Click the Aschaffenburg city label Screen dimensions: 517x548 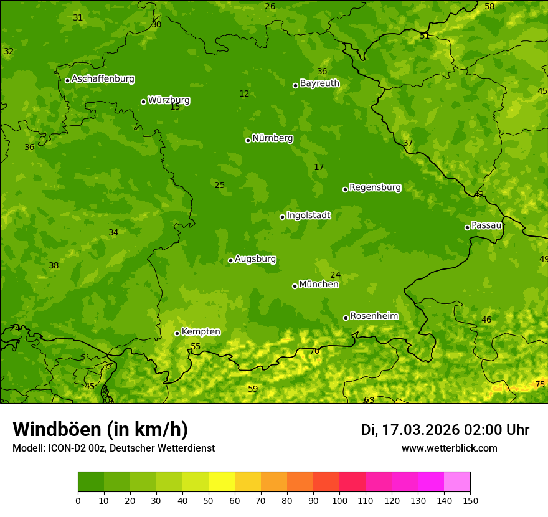(x=103, y=79)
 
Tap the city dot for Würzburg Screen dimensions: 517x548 (x=143, y=102)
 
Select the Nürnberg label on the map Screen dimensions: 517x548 (x=272, y=138)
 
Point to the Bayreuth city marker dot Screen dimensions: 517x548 (x=295, y=85)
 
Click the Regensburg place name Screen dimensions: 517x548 (x=375, y=187)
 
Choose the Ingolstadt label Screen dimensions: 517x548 (x=308, y=216)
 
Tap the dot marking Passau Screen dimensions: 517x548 (x=467, y=227)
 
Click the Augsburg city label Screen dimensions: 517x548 (x=255, y=259)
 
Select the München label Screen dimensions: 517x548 (x=318, y=285)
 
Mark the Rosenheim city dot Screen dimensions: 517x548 (x=346, y=318)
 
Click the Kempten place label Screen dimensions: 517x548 (x=201, y=332)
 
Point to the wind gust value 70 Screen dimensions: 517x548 (x=314, y=351)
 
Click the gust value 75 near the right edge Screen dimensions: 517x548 (x=540, y=385)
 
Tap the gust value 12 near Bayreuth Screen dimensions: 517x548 (x=244, y=94)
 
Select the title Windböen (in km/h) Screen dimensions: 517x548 (x=100, y=429)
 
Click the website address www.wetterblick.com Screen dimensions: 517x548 (x=449, y=448)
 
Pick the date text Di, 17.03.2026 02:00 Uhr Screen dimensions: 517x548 (x=445, y=430)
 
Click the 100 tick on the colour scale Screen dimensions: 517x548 (x=339, y=500)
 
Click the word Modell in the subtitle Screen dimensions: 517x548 (x=27, y=448)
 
